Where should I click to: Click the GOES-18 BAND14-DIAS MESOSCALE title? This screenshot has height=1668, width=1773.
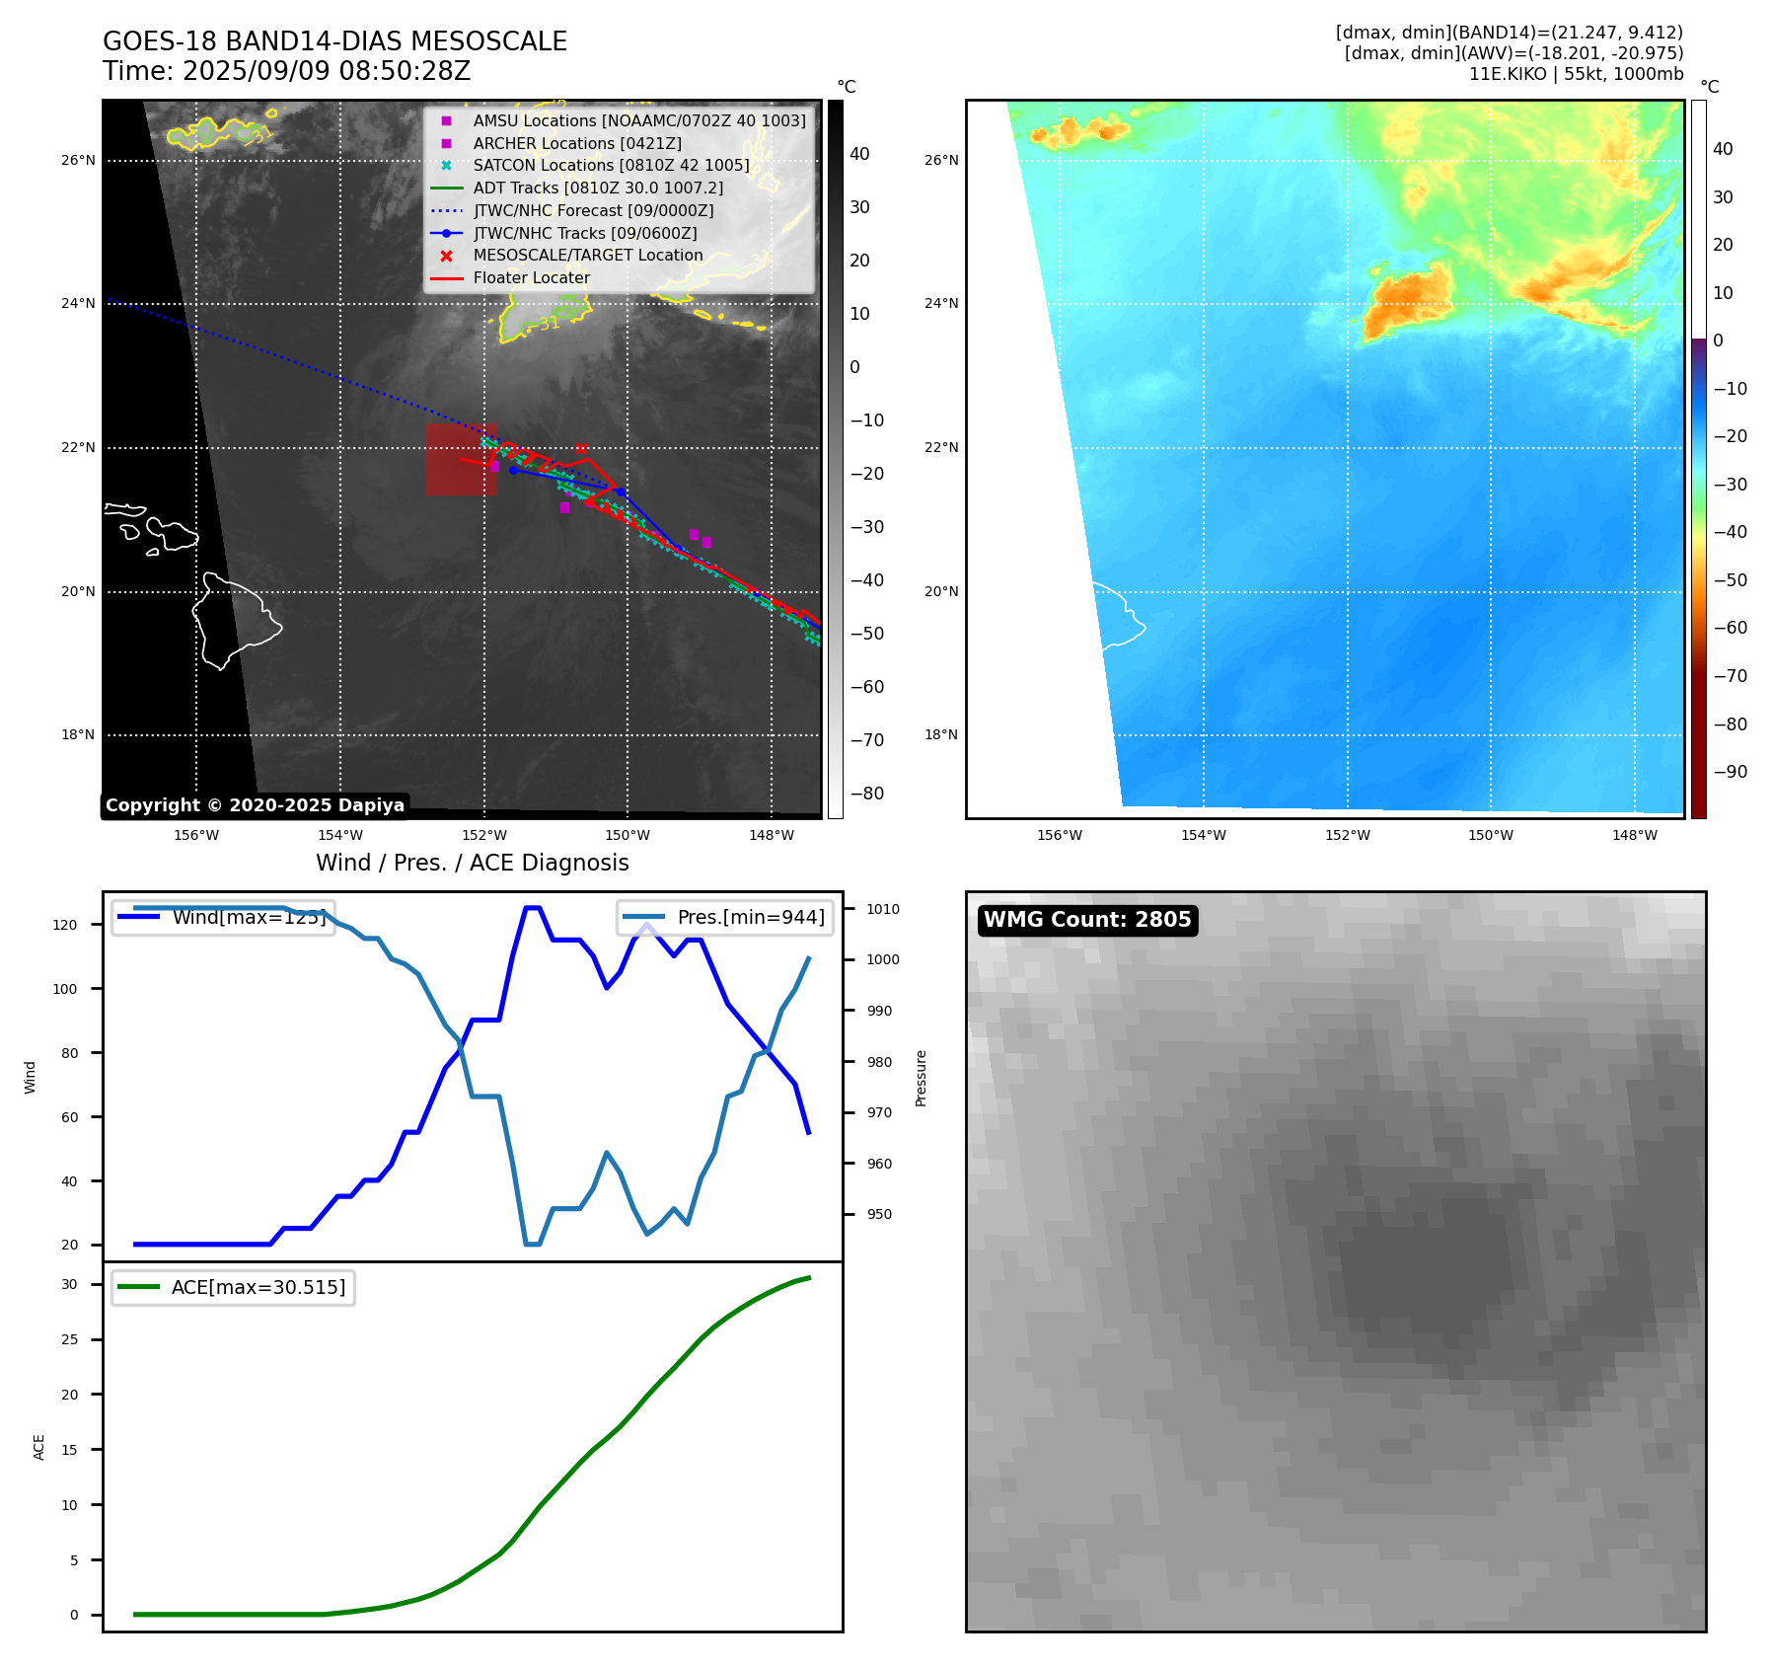coord(334,41)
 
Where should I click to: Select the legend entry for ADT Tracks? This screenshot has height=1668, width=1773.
coord(598,188)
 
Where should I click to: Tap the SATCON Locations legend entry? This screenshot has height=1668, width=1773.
coord(611,165)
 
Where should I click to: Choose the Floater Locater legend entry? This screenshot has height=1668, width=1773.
coord(531,277)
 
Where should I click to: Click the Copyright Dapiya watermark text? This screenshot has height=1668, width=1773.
coord(255,805)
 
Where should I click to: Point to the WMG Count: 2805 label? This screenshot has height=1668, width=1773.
coord(1087,920)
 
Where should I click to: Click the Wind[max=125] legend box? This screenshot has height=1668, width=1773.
coord(224,917)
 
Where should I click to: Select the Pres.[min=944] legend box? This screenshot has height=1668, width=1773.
coord(726,917)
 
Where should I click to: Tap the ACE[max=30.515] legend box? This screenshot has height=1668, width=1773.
coord(234,1287)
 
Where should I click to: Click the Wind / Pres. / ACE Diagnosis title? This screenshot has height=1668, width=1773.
coord(472,863)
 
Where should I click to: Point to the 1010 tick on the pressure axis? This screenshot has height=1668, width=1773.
coord(883,909)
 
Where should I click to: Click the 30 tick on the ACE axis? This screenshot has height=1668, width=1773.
coord(69,1284)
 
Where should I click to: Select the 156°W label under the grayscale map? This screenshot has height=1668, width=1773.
coord(196,835)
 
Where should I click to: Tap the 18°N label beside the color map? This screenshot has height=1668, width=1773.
coord(941,734)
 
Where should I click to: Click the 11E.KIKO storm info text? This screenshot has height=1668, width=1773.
coord(1576,74)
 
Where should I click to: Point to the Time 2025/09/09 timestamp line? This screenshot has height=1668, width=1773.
coord(286,71)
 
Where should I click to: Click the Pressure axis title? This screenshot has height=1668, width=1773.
coord(921,1078)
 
